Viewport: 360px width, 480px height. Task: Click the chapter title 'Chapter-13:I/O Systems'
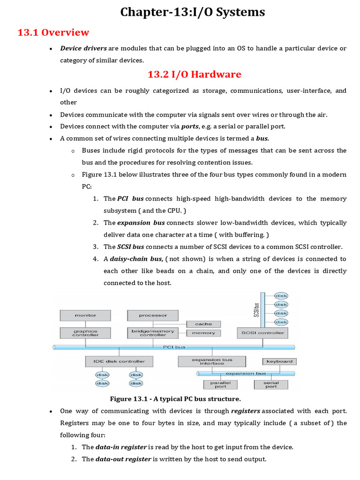(193, 12)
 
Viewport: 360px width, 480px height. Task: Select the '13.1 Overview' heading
(53, 32)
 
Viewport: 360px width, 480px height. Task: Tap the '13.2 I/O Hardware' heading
(194, 74)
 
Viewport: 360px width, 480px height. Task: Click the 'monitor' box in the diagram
(85, 315)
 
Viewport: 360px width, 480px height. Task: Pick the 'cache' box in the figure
(203, 324)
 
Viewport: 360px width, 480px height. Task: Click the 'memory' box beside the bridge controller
(203, 333)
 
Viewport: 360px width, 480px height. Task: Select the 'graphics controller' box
(85, 333)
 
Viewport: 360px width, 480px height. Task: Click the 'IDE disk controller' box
(119, 361)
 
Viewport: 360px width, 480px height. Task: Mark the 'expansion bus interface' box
(212, 361)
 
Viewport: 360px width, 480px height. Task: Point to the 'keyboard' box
(279, 361)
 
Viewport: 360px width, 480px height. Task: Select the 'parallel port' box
(220, 384)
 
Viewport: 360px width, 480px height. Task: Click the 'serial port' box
(271, 384)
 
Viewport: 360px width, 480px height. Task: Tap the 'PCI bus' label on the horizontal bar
(174, 347)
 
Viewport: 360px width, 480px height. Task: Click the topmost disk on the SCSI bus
(281, 296)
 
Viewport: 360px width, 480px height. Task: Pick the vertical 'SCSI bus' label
(256, 309)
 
